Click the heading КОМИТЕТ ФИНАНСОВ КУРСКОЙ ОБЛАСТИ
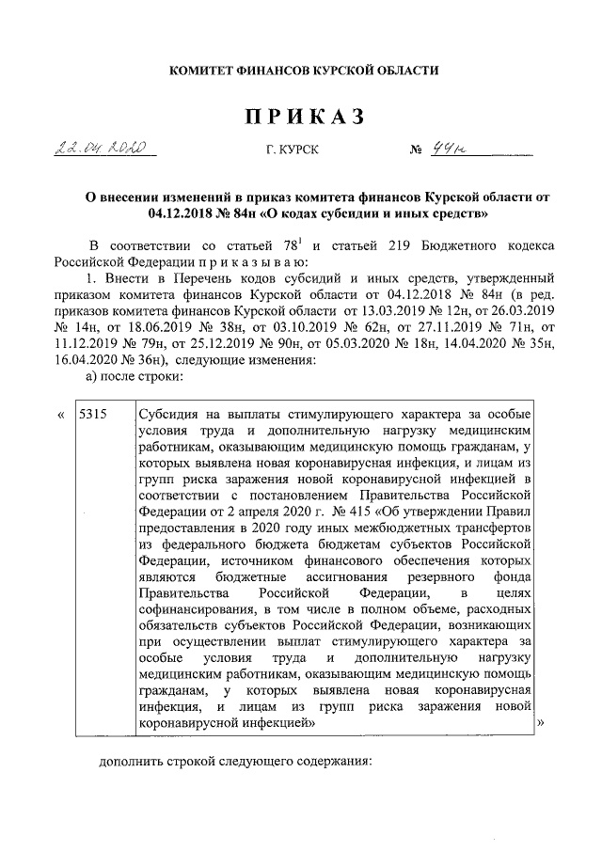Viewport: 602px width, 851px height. click(x=302, y=71)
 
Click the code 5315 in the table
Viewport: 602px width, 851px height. click(x=94, y=415)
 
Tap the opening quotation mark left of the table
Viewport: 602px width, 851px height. click(x=61, y=415)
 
